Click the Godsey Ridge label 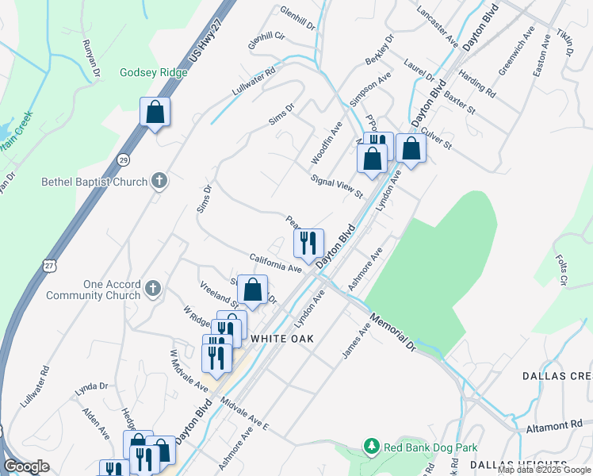tap(154, 73)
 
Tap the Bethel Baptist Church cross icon tap(159, 182)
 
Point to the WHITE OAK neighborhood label tap(282, 339)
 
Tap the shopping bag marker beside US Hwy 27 tap(155, 112)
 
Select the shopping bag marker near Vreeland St tap(252, 290)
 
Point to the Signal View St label tap(336, 187)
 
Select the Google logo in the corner tap(26, 466)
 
